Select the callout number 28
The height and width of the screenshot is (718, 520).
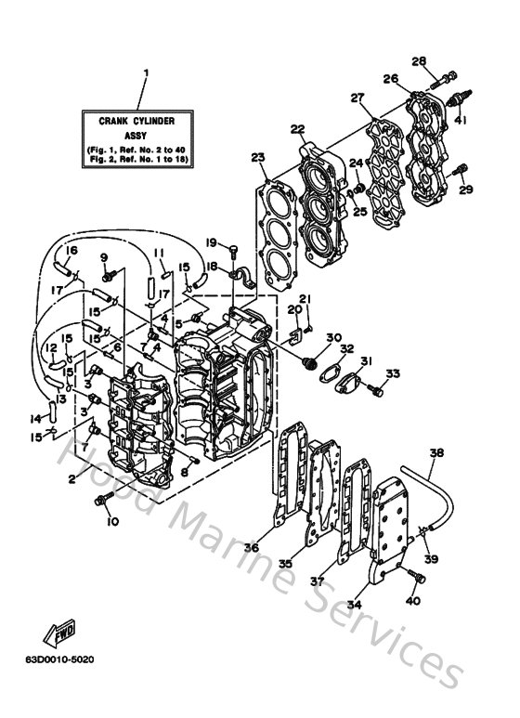(419, 61)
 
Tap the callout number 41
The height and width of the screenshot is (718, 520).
(461, 120)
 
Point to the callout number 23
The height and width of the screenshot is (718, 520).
(257, 157)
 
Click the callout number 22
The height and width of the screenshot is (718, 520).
(296, 129)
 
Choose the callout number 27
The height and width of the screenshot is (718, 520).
(356, 98)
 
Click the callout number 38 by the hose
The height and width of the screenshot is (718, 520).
(437, 454)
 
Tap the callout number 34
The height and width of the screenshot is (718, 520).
(354, 603)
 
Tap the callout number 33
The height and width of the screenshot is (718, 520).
(393, 373)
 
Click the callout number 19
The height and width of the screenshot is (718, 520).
(212, 242)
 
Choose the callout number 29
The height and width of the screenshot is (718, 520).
(466, 189)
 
